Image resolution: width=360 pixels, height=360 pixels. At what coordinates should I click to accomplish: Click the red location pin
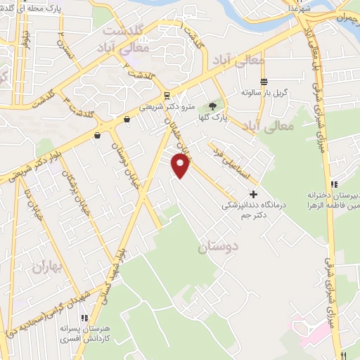(181, 166)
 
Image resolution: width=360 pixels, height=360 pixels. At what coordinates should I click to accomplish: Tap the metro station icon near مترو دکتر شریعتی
(166, 96)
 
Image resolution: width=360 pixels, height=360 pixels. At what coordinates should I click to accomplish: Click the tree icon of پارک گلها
(212, 107)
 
